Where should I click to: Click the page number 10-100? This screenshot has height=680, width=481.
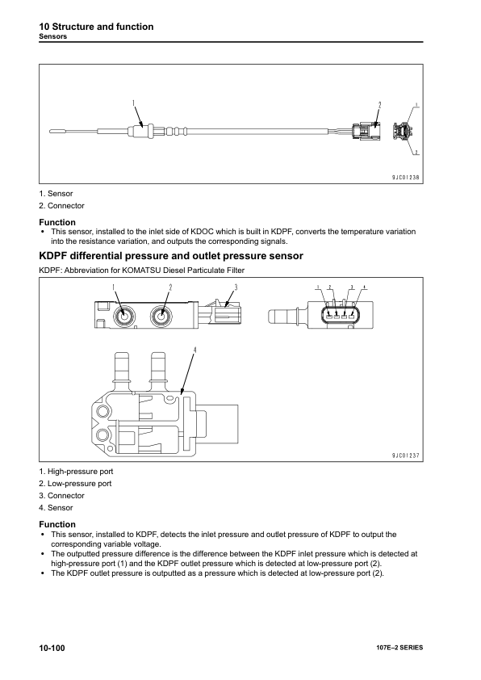pos(52,648)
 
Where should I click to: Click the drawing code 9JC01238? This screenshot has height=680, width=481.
pos(406,177)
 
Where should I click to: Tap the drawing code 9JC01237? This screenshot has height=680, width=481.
pos(406,455)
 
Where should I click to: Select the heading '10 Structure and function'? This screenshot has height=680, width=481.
pos(96,27)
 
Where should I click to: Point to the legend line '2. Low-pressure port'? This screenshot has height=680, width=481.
pos(75,484)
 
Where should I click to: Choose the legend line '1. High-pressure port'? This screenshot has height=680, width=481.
pos(76,472)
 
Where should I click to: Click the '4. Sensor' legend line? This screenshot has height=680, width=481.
pos(56,507)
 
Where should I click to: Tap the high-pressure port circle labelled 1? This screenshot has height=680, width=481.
pos(124,317)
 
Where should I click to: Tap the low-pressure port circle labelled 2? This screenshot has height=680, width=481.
pos(161,317)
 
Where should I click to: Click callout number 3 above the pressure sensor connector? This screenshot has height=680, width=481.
pos(236,288)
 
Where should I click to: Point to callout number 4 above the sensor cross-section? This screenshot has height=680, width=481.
pos(194,350)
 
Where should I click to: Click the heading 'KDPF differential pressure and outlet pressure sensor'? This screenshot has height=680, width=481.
pos(171,256)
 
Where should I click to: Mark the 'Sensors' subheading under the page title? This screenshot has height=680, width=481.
pos(53,36)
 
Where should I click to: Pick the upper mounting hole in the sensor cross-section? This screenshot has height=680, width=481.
pos(102,411)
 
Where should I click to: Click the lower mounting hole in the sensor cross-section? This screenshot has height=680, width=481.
pos(102,435)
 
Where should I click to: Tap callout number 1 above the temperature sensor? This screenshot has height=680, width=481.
pos(134,103)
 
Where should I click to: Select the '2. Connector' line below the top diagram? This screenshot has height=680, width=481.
pos(61,206)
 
